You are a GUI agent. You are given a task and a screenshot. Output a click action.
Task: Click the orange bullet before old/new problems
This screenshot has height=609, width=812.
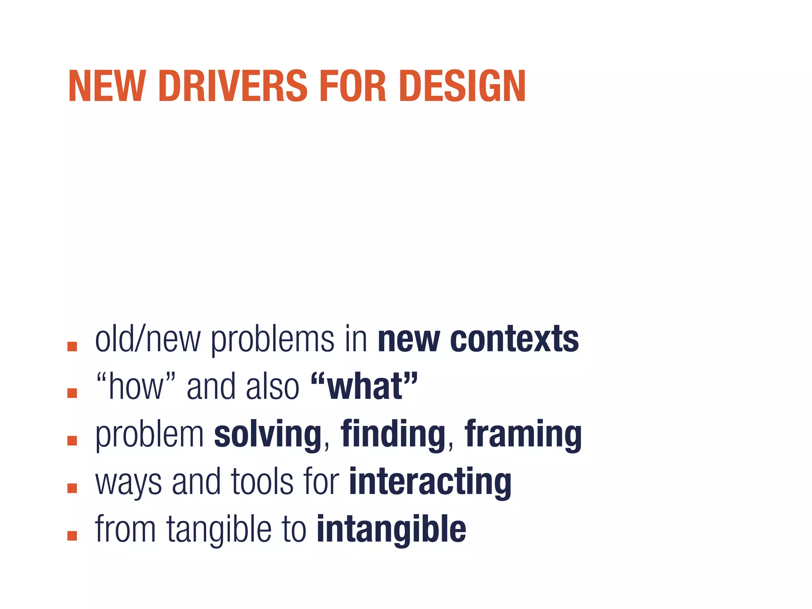72,346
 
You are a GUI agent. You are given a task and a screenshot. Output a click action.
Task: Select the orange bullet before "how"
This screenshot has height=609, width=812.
72,393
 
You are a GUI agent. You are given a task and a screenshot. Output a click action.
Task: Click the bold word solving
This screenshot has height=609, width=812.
268,435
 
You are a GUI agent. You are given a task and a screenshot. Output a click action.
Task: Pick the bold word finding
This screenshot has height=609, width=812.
393,435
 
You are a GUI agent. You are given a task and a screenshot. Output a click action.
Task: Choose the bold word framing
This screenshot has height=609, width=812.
523,435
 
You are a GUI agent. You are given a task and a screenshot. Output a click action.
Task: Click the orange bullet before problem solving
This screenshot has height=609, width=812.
72,440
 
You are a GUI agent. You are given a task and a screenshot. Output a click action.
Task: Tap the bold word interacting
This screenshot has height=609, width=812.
430,482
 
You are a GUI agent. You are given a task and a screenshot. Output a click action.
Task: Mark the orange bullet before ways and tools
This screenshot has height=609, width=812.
72,488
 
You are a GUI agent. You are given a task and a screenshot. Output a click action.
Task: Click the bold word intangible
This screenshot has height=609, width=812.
391,530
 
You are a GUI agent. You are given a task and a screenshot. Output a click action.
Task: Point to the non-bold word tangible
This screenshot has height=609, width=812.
219,530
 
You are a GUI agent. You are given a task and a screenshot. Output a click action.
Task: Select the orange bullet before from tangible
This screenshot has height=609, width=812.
72,536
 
